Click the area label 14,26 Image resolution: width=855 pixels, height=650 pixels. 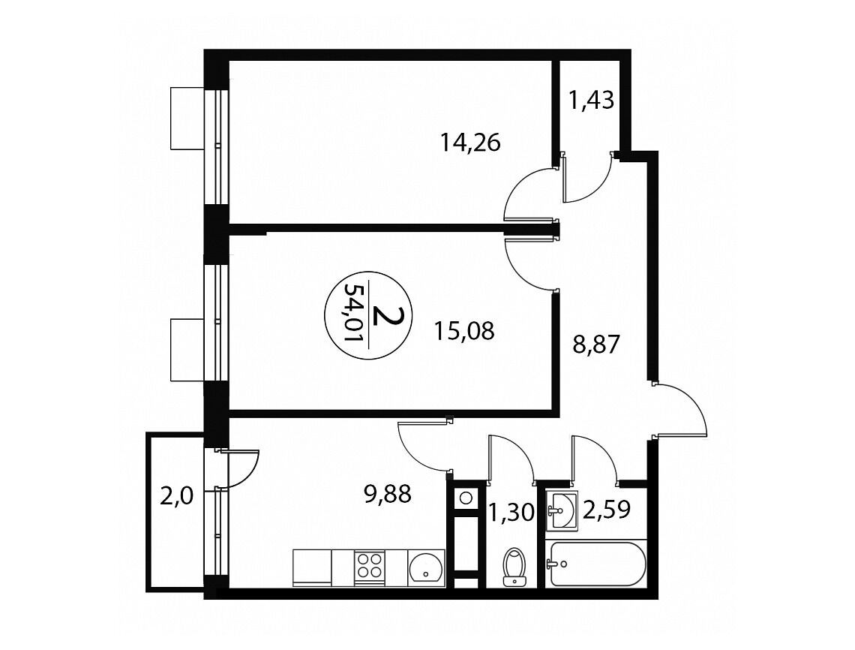pyautogui.click(x=470, y=143)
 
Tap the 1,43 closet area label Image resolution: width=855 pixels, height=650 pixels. pyautogui.click(x=592, y=101)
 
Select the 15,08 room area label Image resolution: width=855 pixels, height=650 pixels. pyautogui.click(x=464, y=331)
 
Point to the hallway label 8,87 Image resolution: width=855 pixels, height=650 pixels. pyautogui.click(x=596, y=345)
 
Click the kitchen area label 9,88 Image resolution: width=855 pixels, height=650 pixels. pyautogui.click(x=387, y=495)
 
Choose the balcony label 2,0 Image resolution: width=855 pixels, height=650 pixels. pyautogui.click(x=177, y=497)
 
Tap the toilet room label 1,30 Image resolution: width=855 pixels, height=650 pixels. pyautogui.click(x=511, y=513)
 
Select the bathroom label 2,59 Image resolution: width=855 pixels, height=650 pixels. pyautogui.click(x=607, y=509)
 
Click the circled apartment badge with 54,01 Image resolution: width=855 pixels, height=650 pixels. pyautogui.click(x=368, y=315)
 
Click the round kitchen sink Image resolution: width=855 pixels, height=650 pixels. pyautogui.click(x=426, y=568)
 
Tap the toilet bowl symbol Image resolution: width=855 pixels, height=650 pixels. pyautogui.click(x=513, y=567)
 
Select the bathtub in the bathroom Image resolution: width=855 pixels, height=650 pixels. pyautogui.click(x=596, y=564)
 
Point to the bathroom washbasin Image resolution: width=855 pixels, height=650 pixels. pyautogui.click(x=562, y=510)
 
